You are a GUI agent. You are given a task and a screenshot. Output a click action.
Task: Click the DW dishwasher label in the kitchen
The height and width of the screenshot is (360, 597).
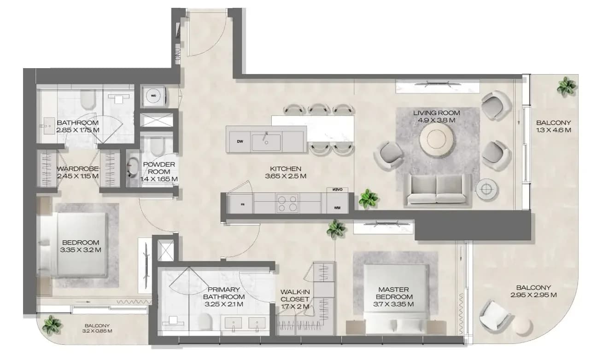pos(240,141)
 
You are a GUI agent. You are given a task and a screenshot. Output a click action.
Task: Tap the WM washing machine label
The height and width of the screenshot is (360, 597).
pos(337,208)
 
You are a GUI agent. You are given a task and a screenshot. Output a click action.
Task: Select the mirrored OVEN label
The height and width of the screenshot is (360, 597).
pos(337,190)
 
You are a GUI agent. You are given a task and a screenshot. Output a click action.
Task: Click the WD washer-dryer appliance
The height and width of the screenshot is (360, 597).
pos(154,96)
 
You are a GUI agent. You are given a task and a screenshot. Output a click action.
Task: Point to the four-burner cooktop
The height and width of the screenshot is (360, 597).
pos(287,203)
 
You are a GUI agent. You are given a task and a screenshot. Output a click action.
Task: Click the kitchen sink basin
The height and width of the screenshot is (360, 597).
pos(266,142)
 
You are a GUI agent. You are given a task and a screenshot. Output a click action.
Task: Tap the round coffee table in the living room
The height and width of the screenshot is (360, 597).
pos(436,139)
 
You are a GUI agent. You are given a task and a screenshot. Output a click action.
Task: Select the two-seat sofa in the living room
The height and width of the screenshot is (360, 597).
pos(436,190)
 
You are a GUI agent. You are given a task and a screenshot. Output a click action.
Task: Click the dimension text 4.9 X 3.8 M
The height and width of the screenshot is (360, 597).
pos(436,120)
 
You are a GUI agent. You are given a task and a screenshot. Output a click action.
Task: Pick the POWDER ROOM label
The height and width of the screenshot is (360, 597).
pos(159,168)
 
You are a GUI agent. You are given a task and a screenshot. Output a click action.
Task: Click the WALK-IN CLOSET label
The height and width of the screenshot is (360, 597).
pos(295,296)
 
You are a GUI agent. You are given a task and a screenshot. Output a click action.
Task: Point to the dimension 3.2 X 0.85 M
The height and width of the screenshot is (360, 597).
pos(97,331)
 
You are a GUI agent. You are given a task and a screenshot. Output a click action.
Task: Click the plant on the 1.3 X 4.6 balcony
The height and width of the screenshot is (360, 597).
pos(566,86)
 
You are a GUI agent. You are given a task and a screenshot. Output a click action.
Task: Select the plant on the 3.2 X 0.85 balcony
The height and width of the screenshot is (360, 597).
pos(52,325)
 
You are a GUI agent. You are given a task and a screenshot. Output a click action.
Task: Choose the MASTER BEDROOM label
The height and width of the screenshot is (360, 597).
pos(394,293)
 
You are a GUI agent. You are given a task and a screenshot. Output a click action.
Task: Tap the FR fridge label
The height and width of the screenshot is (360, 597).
pos(242,204)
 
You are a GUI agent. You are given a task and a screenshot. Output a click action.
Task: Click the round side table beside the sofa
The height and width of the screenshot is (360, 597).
pos(486,189)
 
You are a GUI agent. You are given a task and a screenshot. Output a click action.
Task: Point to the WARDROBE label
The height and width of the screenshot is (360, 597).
pos(77,169)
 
